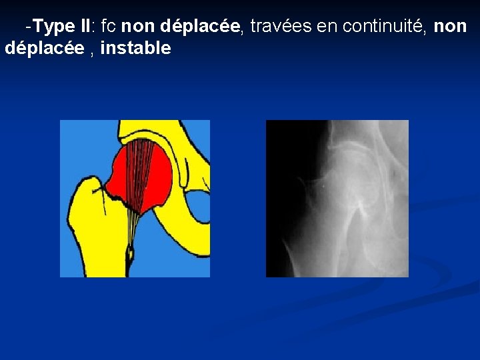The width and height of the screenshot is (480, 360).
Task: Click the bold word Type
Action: click(54, 27)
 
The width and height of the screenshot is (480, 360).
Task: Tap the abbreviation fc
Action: click(109, 27)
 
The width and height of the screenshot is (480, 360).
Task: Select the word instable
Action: click(135, 48)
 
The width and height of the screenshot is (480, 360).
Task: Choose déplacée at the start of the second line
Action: click(44, 48)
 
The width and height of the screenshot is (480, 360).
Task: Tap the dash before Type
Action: click(27, 27)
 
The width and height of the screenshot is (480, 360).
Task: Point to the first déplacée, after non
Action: click(200, 27)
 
